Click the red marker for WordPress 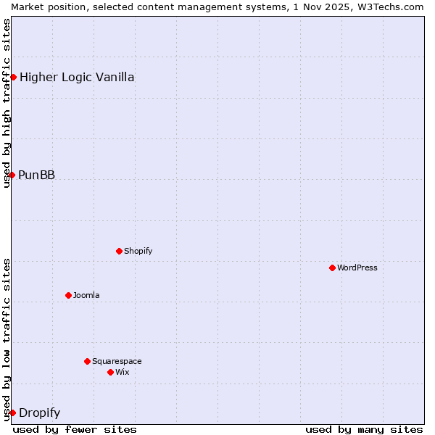pos(332,268)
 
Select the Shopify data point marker pos(119,251)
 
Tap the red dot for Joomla pos(68,295)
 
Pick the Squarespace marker pos(87,361)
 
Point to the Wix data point pos(110,372)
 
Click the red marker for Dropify pos(12,413)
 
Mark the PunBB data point pos(12,175)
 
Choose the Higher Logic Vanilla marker pos(13,77)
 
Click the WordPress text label pos(357,268)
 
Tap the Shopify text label pos(138,251)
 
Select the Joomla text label pos(86,295)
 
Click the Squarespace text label pos(117,361)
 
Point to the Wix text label pos(123,372)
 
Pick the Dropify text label pos(39,413)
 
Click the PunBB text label pos(36,175)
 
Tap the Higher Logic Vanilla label pos(77,77)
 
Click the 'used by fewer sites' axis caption pos(75,429)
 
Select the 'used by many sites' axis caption pos(364,429)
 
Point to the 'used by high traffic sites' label pos(7,103)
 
